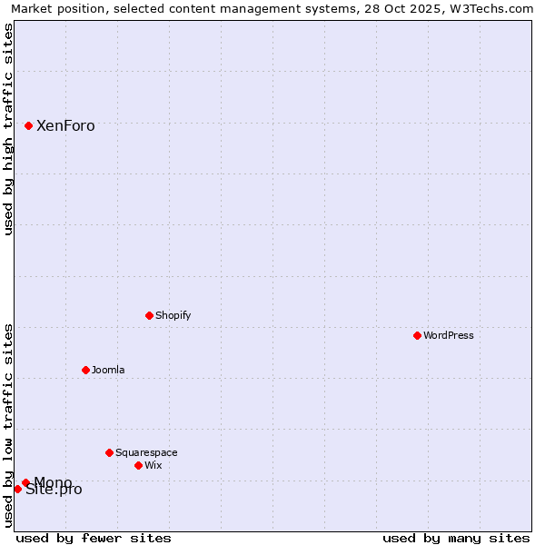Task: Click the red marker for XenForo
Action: pos(29,125)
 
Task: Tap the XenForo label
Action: pos(65,126)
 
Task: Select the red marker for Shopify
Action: pos(150,315)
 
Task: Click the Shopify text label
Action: pos(173,316)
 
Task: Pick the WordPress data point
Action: pos(418,335)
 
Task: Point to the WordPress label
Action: pos(449,336)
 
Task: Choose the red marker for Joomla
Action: pos(86,370)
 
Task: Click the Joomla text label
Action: pos(108,371)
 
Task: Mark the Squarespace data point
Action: pos(110,452)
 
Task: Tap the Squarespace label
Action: pos(146,453)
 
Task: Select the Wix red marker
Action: pos(139,465)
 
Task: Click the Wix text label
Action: pos(154,466)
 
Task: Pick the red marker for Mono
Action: pos(25,482)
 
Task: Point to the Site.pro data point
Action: pos(17,489)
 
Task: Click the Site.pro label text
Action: pos(54,490)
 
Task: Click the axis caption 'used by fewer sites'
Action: pos(94,538)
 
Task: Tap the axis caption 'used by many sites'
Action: pos(456,538)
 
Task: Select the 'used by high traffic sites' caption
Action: pos(9,129)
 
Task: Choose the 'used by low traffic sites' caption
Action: pos(9,425)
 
